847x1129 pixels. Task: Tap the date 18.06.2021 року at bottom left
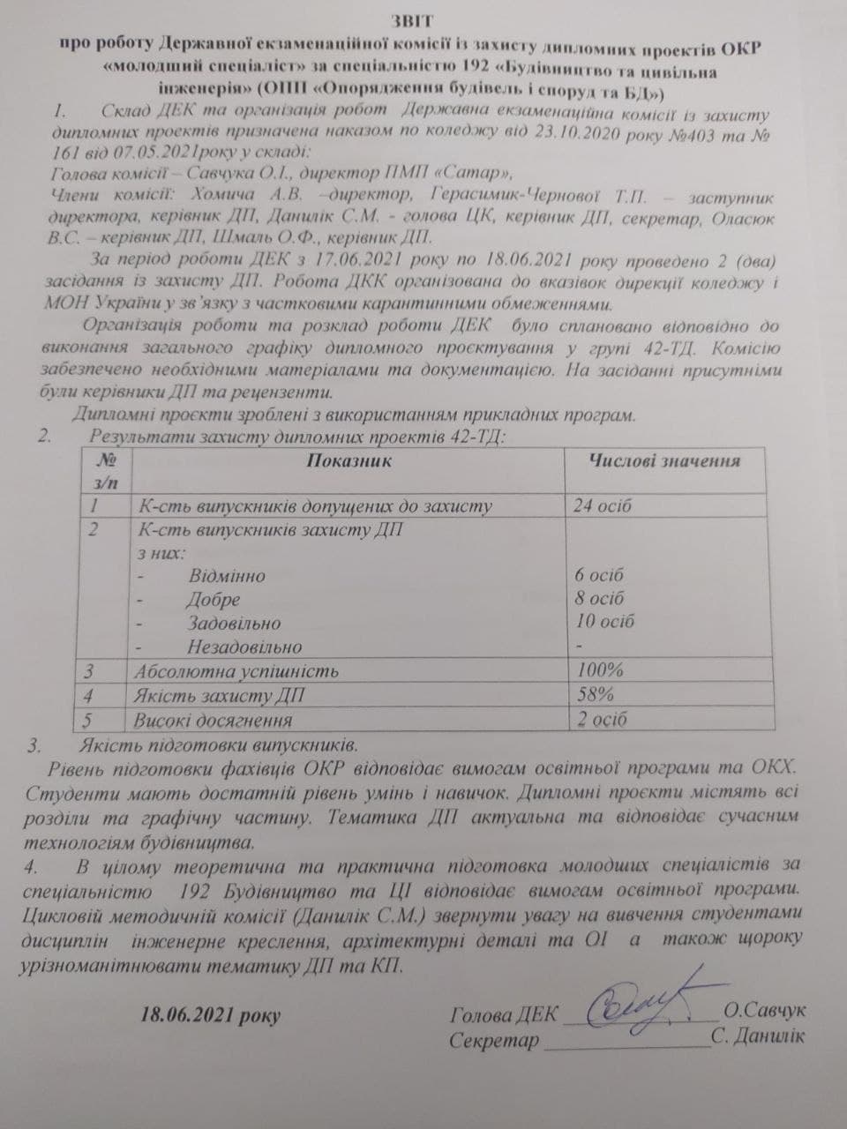coord(210,1014)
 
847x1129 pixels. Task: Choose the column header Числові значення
coord(664,460)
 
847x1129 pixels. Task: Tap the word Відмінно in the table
coord(226,576)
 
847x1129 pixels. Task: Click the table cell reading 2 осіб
coord(602,719)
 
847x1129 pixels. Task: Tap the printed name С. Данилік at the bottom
coord(758,1036)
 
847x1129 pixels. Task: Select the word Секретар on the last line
coord(493,1041)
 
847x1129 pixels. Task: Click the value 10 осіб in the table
coord(604,621)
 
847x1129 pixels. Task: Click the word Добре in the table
coord(213,600)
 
